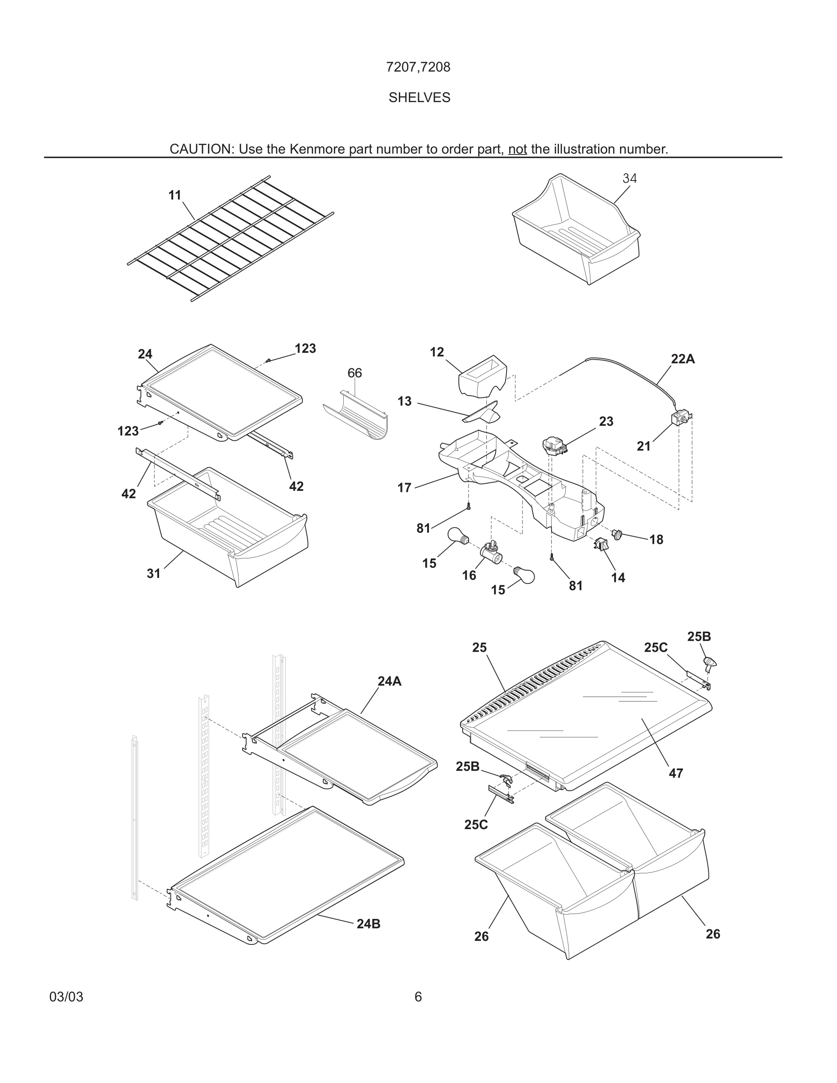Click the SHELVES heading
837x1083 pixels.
419,98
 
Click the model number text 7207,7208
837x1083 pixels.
418,67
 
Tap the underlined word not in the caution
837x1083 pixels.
517,149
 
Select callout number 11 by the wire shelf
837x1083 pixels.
175,196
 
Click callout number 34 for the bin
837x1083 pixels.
629,178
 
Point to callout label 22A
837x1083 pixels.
682,359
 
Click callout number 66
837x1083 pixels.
355,373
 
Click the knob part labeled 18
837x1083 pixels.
617,534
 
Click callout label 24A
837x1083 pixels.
389,681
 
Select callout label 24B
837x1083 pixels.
368,924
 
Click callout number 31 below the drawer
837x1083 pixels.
154,573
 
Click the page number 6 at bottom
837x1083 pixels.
418,997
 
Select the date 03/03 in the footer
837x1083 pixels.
67,997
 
